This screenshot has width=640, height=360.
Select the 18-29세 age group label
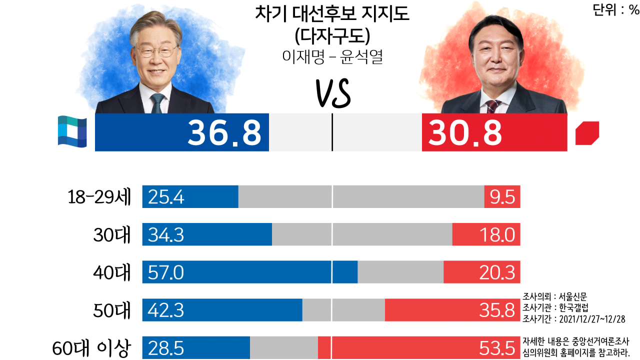click(x=99, y=197)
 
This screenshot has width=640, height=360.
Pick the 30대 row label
click(x=112, y=235)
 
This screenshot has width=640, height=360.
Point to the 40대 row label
click(x=112, y=273)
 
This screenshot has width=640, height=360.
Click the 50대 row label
click(x=112, y=311)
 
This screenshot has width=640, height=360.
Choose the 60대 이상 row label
click(x=91, y=348)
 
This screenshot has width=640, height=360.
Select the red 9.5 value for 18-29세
click(x=502, y=197)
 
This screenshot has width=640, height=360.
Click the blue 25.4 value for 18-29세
click(x=166, y=197)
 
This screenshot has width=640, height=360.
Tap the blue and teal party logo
click(x=72, y=131)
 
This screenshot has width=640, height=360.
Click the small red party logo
click(x=587, y=133)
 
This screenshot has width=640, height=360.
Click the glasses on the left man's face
click(x=156, y=52)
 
